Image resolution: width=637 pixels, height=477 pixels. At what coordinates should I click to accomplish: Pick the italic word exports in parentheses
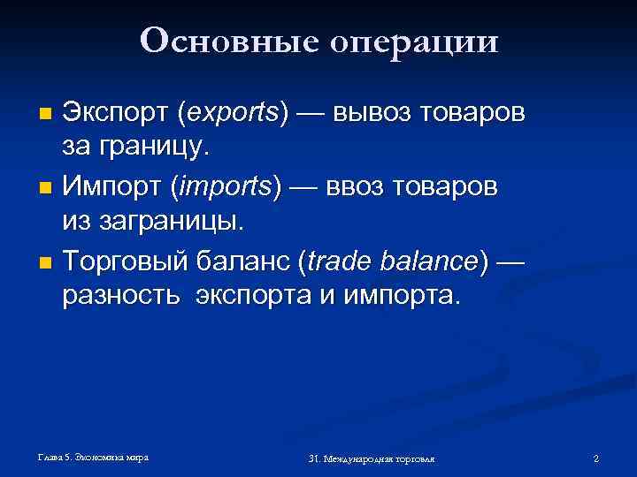point(233,114)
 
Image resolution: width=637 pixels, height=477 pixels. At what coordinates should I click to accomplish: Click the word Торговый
point(125,261)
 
